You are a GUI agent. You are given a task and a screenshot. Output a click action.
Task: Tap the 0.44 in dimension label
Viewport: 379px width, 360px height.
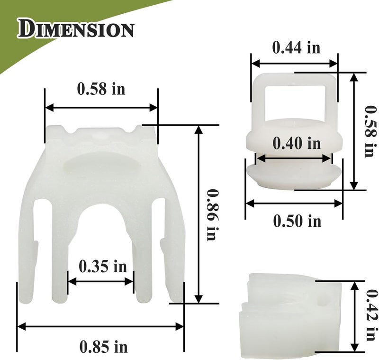[x=297, y=47]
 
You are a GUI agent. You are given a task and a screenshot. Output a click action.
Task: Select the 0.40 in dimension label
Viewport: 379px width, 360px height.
[x=297, y=143]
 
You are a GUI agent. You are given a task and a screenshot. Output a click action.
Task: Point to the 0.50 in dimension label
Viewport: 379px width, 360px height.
[x=298, y=221]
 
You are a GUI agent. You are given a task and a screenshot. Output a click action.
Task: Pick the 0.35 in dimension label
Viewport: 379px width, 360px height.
[x=103, y=267]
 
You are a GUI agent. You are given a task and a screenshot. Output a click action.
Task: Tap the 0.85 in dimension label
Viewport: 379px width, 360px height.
[x=103, y=347]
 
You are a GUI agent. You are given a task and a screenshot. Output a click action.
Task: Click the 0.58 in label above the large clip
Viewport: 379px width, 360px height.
[x=101, y=89]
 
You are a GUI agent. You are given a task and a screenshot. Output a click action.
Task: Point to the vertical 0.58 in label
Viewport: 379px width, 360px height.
[x=371, y=131]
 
